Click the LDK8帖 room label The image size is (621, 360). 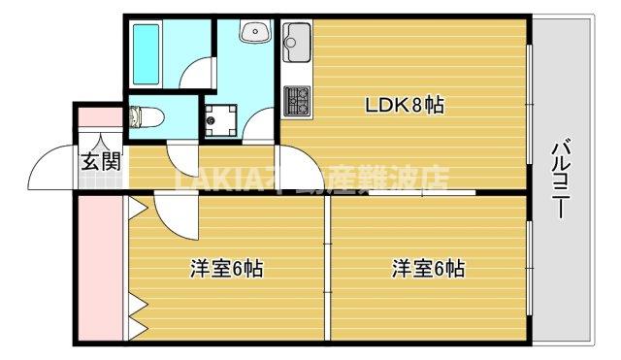pos(404,105)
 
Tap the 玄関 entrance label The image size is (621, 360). pos(100,162)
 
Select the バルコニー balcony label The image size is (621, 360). pos(561,180)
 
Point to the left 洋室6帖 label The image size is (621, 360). pos(225,268)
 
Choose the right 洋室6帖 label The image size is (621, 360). pos(428,268)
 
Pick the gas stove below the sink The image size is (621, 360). pos(297,98)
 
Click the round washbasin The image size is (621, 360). pos(258,31)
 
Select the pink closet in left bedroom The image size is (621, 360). pos(100,268)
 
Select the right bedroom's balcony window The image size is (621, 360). pos(530,268)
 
